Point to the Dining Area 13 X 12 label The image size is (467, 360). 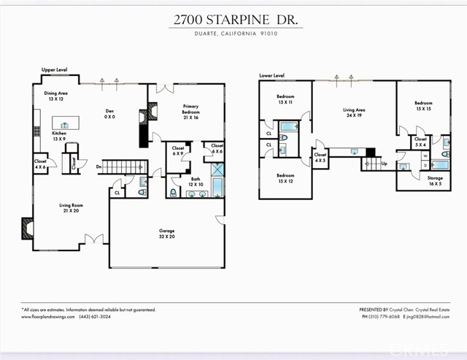click(x=56, y=96)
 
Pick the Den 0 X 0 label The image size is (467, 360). click(x=109, y=114)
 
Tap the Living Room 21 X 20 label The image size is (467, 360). click(x=71, y=208)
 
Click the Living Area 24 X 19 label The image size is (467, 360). click(x=355, y=114)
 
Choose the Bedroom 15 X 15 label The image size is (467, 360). click(x=423, y=106)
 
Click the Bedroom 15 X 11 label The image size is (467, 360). click(x=285, y=100)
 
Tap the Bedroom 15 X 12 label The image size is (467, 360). click(x=285, y=177)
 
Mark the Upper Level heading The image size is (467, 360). click(x=55, y=69)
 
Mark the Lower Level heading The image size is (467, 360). click(x=271, y=75)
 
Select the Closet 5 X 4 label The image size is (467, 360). click(x=420, y=141)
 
